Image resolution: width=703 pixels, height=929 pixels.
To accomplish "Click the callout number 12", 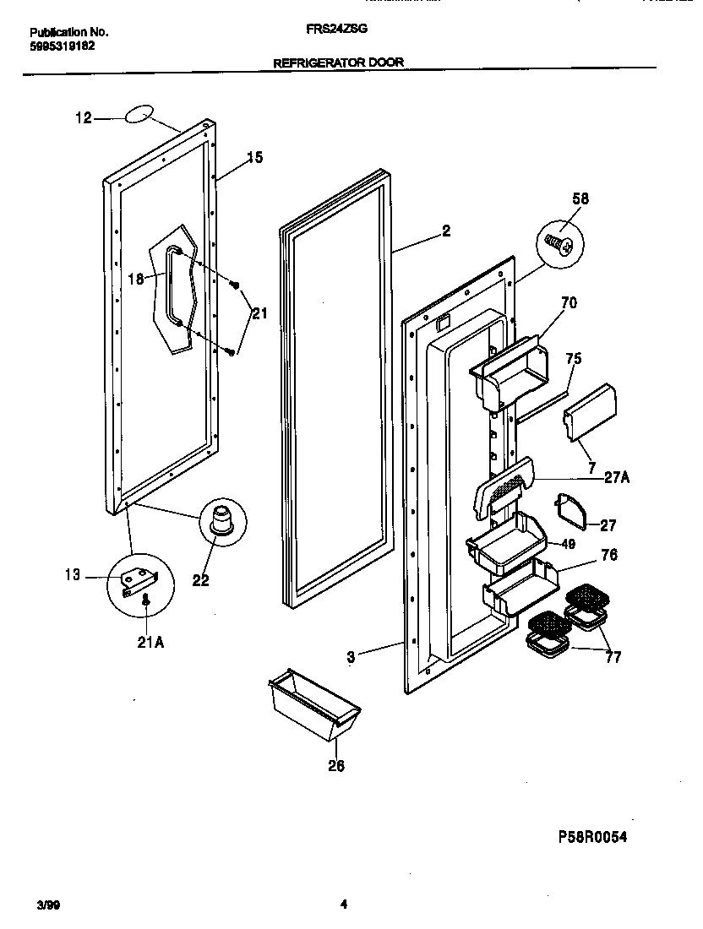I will click(83, 118).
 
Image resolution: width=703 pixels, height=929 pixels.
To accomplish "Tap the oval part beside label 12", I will click(141, 115).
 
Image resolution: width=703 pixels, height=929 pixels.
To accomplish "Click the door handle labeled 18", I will click(174, 285).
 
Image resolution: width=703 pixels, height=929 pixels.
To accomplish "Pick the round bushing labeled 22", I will click(223, 518).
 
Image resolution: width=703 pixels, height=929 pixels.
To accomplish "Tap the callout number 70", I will click(569, 302).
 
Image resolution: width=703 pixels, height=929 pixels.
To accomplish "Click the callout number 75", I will click(573, 358).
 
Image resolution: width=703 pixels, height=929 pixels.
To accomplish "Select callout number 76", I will click(608, 555).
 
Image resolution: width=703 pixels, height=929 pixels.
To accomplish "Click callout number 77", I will click(612, 656).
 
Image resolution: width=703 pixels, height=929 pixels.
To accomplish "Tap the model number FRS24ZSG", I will click(336, 28).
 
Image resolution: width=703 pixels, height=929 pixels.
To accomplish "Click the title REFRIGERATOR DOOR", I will click(338, 62).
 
